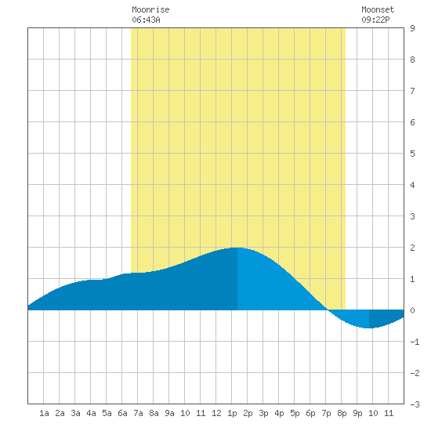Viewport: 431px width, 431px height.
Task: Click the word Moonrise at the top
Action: (150, 9)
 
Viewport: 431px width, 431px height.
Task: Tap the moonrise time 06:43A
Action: (146, 20)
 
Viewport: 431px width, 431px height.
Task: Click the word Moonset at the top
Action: (378, 9)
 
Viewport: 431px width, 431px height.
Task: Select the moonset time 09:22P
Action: (375, 20)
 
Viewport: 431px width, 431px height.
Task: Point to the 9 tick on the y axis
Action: (412, 28)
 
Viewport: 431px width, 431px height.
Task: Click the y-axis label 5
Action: (412, 154)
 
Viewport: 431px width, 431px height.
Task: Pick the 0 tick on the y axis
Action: (412, 310)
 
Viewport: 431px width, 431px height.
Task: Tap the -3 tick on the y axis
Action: (415, 404)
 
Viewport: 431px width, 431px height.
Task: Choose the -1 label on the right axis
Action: (415, 342)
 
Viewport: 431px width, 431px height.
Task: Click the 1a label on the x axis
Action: (44, 413)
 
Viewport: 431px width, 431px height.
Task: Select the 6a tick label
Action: (122, 413)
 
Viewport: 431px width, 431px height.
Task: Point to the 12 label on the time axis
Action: (216, 413)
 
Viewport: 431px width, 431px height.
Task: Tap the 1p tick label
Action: (232, 413)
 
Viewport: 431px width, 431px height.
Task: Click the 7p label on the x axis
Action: (326, 413)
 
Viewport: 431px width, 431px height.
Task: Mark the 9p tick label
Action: (357, 413)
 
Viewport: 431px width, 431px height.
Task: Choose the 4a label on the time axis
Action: (91, 413)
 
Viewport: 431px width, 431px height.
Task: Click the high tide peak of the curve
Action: (237, 248)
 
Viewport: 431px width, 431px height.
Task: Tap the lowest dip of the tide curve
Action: (369, 328)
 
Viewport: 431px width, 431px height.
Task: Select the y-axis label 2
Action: (412, 248)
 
